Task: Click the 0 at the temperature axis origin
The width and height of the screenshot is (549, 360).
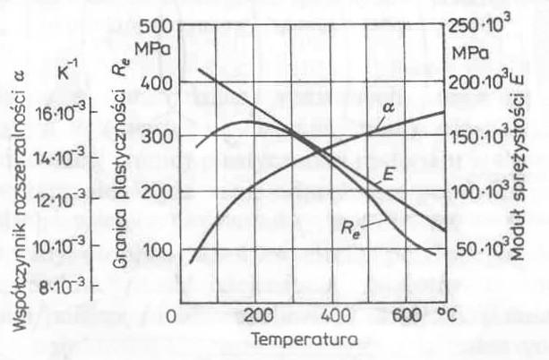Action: tap(176, 318)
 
